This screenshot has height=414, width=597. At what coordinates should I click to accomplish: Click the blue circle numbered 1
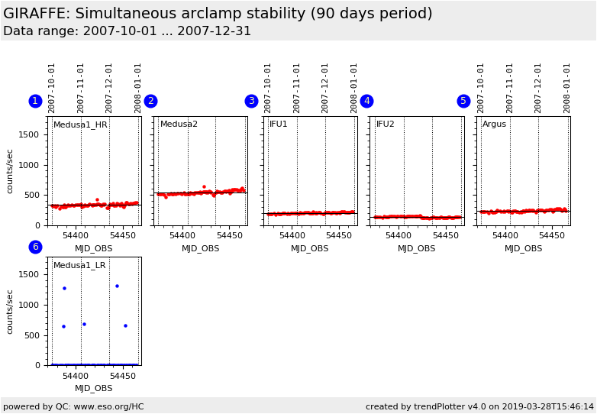[35, 102]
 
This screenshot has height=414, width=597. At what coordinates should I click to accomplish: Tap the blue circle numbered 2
[150, 102]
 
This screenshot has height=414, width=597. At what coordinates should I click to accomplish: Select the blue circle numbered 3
[251, 102]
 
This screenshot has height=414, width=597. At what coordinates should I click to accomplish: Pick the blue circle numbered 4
[366, 102]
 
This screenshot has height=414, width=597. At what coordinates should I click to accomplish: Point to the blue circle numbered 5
[463, 102]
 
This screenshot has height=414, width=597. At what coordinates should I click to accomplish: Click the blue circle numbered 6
[35, 247]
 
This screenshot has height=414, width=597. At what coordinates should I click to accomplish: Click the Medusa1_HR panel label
[80, 125]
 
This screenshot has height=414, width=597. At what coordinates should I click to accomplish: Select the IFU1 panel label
[279, 125]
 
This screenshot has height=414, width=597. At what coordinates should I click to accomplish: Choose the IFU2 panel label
[386, 125]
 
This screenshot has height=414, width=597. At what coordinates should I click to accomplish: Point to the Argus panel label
[494, 125]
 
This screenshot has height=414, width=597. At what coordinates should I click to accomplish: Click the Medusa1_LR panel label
[79, 266]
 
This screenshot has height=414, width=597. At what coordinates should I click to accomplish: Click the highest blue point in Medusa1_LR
[117, 286]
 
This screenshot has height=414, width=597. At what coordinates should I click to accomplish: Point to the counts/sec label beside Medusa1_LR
[10, 311]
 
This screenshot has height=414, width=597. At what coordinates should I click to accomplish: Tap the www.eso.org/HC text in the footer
[107, 406]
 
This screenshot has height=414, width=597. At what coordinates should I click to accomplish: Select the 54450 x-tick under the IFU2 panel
[445, 236]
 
